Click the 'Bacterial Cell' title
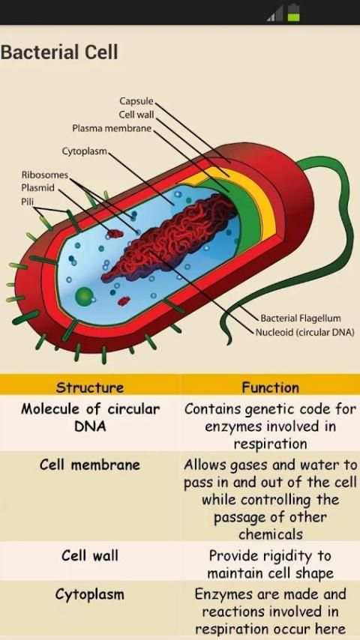click(59, 52)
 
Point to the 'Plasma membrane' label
click(112, 129)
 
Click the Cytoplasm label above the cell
click(85, 151)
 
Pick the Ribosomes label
click(45, 175)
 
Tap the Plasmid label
click(37, 188)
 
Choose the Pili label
click(28, 201)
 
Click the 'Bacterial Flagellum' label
click(301, 318)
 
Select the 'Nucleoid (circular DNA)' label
click(304, 332)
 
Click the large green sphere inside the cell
click(85, 295)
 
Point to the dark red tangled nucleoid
click(172, 236)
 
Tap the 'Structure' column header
click(90, 387)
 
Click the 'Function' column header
click(270, 387)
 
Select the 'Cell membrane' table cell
click(90, 465)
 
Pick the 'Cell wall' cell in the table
click(90, 555)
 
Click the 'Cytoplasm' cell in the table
click(90, 594)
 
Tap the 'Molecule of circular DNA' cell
click(90, 417)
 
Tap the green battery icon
click(293, 12)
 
